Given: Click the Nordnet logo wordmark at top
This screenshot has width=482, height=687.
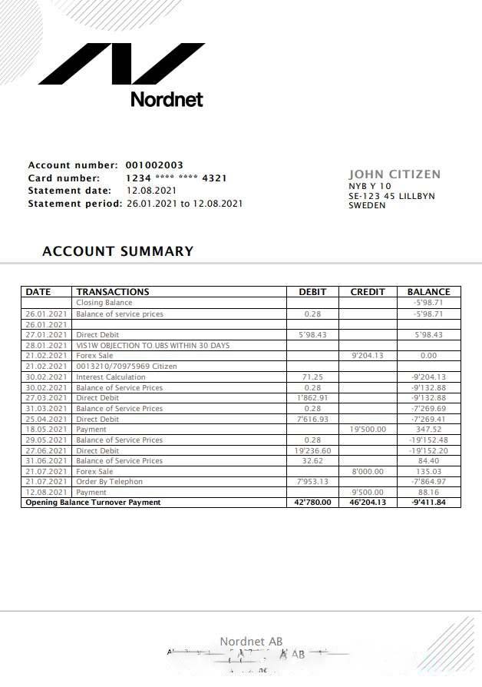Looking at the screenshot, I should [167, 99].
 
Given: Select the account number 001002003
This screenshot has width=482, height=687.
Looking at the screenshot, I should [154, 165].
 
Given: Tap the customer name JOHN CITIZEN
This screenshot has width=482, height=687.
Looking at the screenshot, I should [395, 174].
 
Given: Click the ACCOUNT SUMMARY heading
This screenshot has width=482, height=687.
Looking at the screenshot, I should [118, 251].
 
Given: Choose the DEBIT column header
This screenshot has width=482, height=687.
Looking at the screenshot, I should [312, 292].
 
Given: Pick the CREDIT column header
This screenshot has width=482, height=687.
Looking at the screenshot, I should [367, 292].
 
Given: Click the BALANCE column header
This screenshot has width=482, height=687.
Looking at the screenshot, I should [428, 292].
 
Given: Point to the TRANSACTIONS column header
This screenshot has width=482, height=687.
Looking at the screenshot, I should [113, 292].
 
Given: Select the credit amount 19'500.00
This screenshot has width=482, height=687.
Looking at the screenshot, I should [368, 430].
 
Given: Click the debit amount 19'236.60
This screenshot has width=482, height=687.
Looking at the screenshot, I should [312, 450].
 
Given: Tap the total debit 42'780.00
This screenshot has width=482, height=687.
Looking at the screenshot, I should [312, 503].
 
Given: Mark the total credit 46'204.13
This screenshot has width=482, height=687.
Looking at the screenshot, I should [368, 503].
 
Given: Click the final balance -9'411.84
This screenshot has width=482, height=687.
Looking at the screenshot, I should [428, 503].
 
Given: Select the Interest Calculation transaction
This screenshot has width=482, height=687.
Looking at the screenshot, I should [111, 377].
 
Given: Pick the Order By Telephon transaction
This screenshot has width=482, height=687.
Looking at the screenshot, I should [109, 482].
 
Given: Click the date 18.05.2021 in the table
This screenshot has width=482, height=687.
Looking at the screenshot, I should [48, 430].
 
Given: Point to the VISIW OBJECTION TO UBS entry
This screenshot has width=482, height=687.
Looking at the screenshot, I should [152, 346].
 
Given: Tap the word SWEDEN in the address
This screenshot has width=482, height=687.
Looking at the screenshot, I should [367, 206].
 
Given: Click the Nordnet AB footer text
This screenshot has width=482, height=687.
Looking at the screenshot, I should [251, 642].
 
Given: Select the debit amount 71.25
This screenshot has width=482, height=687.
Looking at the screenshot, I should [312, 377].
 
